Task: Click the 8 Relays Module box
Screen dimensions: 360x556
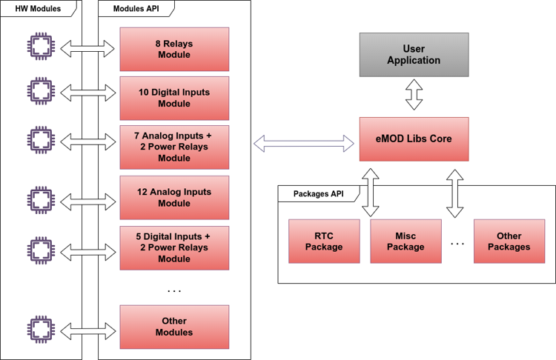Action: tap(174, 49)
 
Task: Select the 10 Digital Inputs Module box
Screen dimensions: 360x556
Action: tap(174, 98)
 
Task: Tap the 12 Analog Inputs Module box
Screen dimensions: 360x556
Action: tap(174, 197)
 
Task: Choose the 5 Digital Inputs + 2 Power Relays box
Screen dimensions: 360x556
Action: tap(174, 247)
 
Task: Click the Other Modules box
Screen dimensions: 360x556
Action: tap(174, 327)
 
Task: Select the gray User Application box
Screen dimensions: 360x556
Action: tap(414, 56)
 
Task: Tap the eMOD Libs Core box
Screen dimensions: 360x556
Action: tap(414, 139)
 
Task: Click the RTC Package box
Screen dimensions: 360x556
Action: tap(324, 241)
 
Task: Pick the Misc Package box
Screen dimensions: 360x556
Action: tap(406, 241)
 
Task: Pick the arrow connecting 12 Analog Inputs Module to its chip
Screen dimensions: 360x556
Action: tap(86, 198)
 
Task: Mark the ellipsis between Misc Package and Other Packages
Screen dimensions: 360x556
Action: tap(457, 242)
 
